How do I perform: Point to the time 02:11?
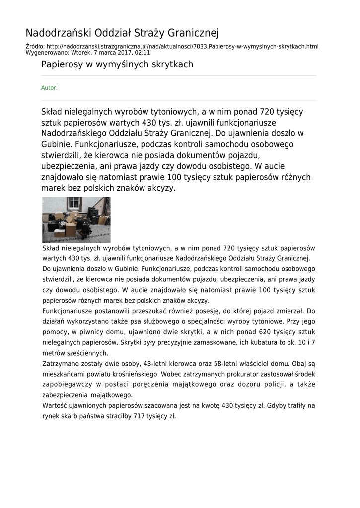pyautogui.click(x=142, y=52)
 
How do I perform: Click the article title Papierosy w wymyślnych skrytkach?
pyautogui.click(x=117, y=64)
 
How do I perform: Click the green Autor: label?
pyautogui.click(x=49, y=88)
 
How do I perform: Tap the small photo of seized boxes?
pyautogui.click(x=76, y=220)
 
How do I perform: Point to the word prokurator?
pyautogui.click(x=262, y=374)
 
